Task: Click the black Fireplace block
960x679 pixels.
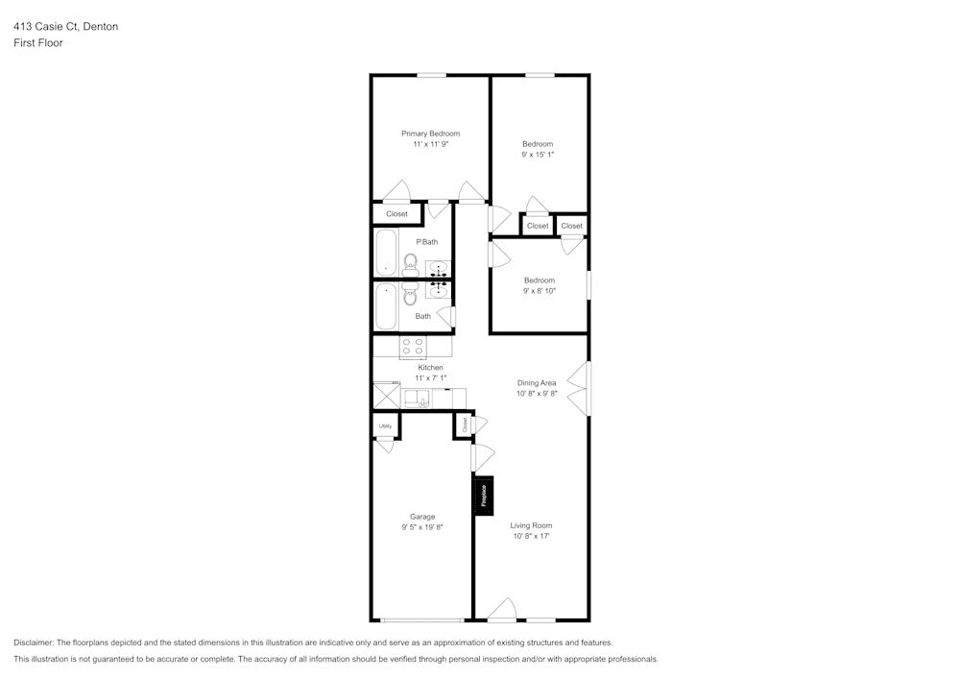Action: tap(484, 495)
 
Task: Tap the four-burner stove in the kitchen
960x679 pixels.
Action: tap(413, 347)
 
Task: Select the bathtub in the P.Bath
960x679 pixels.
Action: tap(386, 252)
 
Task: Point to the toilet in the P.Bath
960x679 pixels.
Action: tap(410, 262)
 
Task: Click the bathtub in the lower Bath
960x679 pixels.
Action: tap(386, 305)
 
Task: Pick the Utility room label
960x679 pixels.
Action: tap(385, 425)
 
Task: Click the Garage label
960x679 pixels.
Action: tap(422, 517)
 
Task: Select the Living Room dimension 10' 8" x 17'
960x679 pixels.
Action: tap(531, 536)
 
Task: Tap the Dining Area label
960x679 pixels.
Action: tap(537, 382)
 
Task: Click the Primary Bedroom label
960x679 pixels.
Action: tap(430, 133)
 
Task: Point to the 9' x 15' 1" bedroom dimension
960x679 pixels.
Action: tap(538, 154)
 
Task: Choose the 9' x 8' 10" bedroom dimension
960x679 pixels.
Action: tap(539, 290)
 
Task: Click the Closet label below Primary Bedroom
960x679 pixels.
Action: tap(396, 214)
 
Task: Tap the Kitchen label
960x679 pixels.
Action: tap(430, 368)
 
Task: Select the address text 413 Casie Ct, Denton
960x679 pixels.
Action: tap(66, 27)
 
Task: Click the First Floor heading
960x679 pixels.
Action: tap(38, 43)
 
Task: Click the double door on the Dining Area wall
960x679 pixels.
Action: tap(579, 389)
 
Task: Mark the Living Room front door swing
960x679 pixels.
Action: tap(503, 610)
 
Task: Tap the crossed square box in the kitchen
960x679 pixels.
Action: tap(385, 396)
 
